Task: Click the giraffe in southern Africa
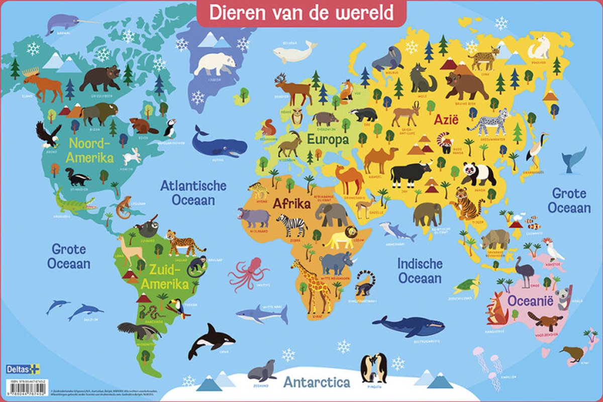[312, 286]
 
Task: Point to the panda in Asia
[477, 173]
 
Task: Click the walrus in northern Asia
[388, 60]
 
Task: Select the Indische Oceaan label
[420, 271]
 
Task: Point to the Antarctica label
[317, 382]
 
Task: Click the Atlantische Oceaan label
[188, 193]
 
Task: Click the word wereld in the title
[363, 13]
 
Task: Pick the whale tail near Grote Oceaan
[574, 160]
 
